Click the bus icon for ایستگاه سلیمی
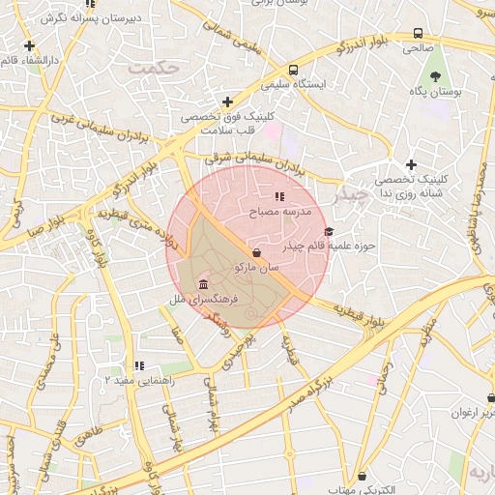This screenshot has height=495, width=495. (293, 70)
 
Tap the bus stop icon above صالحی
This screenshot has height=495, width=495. (418, 32)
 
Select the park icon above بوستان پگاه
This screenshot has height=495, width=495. (436, 74)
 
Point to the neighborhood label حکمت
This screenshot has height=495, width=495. (154, 68)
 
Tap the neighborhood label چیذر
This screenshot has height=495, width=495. (350, 195)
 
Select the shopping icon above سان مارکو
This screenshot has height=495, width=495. (255, 250)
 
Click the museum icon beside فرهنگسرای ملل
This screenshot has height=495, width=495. (202, 284)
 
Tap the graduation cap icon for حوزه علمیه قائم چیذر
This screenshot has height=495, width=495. (329, 231)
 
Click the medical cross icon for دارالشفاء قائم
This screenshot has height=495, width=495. (30, 45)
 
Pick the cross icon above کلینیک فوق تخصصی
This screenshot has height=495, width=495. (227, 102)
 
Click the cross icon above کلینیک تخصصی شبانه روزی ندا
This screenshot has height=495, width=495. (411, 164)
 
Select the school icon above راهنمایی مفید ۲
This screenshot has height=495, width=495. (139, 365)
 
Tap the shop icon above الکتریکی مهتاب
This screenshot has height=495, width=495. (362, 476)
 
